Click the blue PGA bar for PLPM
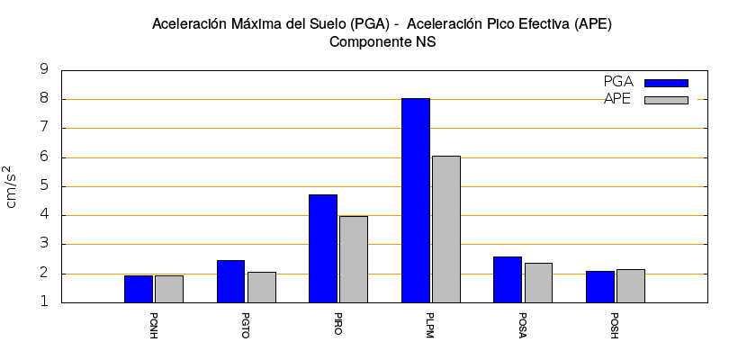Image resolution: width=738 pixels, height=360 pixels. tap(416, 200)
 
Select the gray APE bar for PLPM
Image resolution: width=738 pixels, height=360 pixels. tap(446, 229)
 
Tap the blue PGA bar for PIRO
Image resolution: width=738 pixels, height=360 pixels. tap(323, 248)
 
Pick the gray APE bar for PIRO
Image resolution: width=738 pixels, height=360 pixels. tap(354, 259)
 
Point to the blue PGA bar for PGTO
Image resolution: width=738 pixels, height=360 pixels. tap(230, 281)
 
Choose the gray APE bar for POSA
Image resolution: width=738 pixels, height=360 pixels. tap(538, 283)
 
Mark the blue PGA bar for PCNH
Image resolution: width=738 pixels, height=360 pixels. tap(139, 289)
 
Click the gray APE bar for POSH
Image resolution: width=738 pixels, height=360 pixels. tap(631, 285)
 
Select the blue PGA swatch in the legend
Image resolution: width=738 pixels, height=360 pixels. tap(666, 83)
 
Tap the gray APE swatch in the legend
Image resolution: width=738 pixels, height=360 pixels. tap(666, 100)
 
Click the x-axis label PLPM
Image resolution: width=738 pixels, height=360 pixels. tap(430, 326)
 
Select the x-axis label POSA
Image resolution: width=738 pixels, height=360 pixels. tap(523, 326)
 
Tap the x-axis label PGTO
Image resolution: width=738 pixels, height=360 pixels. tap(246, 326)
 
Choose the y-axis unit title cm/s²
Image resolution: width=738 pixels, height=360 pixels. tap(12, 186)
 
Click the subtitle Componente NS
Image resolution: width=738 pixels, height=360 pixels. tap(382, 41)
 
